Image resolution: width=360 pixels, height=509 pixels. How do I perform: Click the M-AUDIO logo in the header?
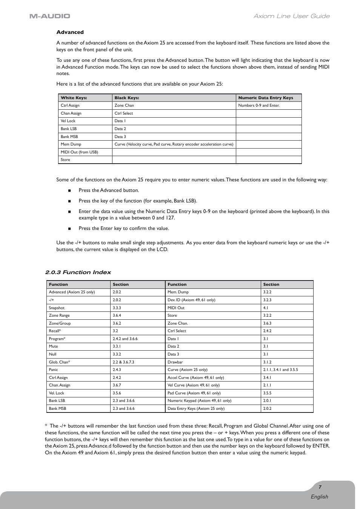[50, 16]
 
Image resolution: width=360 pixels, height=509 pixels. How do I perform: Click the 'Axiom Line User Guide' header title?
[291, 16]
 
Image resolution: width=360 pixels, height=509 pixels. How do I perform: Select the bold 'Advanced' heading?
[70, 32]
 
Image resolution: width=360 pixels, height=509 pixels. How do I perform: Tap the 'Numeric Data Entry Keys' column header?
[265, 98]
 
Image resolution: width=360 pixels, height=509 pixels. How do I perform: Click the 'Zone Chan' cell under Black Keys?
[124, 106]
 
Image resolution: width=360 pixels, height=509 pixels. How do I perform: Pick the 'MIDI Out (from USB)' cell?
[79, 152]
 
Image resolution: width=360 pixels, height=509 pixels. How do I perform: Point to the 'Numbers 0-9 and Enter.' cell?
[259, 106]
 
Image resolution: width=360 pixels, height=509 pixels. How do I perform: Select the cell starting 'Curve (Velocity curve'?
[174, 144]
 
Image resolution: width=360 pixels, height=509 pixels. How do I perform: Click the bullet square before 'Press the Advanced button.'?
[69, 191]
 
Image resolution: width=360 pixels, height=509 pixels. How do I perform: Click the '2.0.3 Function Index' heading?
[78, 272]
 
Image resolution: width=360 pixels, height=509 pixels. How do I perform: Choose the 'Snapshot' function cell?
[57, 308]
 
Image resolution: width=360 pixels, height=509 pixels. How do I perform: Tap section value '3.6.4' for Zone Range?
[117, 315]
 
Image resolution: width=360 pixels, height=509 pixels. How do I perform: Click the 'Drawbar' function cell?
[175, 362]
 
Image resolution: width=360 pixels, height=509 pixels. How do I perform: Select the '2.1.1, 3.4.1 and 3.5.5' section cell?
[280, 369]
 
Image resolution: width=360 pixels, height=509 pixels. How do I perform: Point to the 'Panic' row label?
[53, 369]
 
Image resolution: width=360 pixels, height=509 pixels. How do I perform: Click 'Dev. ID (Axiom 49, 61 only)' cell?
[191, 300]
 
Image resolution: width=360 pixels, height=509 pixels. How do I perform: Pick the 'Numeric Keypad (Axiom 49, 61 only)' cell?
[199, 400]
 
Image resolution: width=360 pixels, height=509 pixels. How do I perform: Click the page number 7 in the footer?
[320, 487]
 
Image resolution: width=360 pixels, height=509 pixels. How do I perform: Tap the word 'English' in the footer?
[319, 497]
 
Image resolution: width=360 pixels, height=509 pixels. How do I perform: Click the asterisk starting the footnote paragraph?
[46, 426]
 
